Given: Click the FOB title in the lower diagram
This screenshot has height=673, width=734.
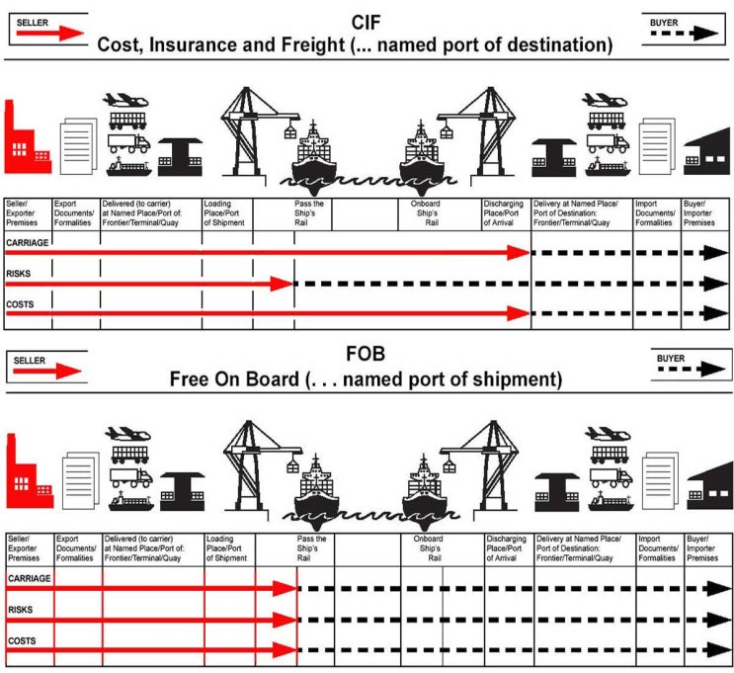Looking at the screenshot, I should click(367, 354).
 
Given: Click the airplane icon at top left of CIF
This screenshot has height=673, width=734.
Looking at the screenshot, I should click(126, 102).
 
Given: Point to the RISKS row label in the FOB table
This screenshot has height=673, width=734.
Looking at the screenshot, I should click(22, 611).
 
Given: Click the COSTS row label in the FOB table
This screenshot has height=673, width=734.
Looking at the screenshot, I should click(23, 641).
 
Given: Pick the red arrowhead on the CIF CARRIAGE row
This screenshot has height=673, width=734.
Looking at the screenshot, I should click(521, 253).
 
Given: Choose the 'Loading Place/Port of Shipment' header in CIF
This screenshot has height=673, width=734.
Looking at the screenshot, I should click(225, 214).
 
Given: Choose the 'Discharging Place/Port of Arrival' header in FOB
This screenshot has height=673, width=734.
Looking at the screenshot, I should click(507, 548).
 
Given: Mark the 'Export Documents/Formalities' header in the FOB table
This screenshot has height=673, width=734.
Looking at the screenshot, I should click(76, 548).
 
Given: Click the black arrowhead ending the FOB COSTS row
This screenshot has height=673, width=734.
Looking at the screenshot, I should click(719, 650).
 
